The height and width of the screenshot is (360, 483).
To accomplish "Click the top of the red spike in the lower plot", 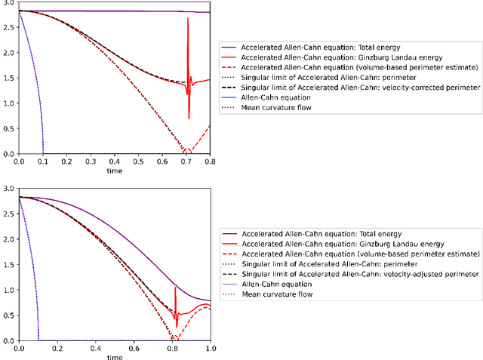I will tap(175, 287).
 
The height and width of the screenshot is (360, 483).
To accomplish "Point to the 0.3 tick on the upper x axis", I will tap(91, 162).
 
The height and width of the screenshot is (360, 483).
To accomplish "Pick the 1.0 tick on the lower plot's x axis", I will tap(211, 349).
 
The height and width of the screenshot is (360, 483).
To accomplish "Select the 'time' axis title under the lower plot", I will tap(115, 357).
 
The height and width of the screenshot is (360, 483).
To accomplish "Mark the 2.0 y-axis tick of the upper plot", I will tap(9, 53).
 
